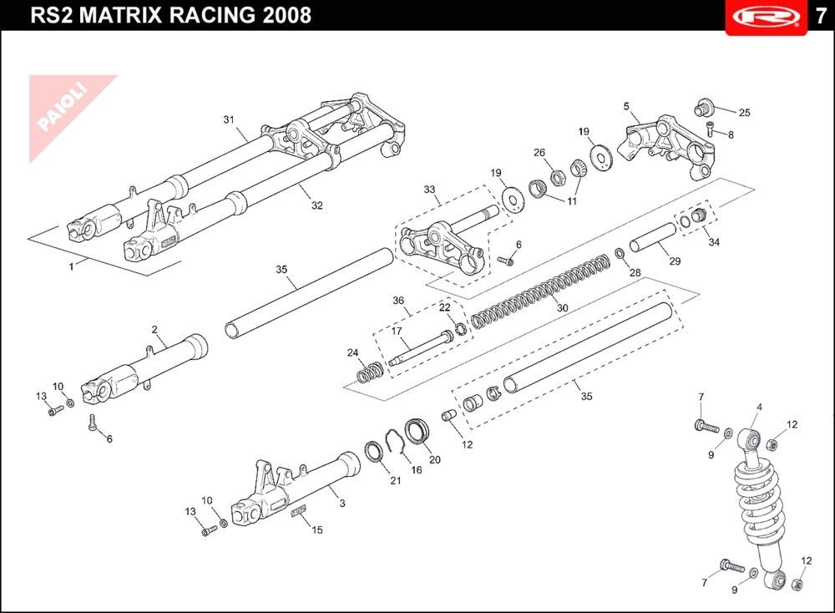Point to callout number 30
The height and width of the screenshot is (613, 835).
tap(562, 308)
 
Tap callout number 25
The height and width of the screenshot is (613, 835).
tap(744, 113)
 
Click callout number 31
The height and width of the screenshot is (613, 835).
tap(229, 119)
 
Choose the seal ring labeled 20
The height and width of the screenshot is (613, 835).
tap(417, 432)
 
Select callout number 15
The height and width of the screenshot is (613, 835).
tap(316, 529)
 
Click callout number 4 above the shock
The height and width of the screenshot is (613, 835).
tap(759, 407)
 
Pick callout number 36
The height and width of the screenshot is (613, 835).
tap(398, 301)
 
